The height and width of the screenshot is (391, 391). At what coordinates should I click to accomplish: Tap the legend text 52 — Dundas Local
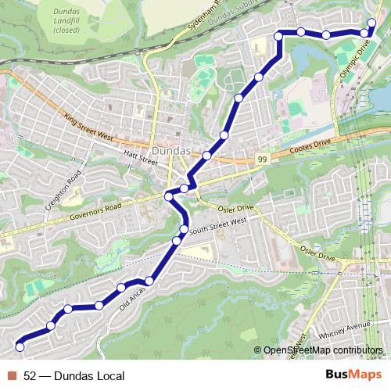point(74,376)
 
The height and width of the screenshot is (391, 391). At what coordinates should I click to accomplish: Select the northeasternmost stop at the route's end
point(372,22)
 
